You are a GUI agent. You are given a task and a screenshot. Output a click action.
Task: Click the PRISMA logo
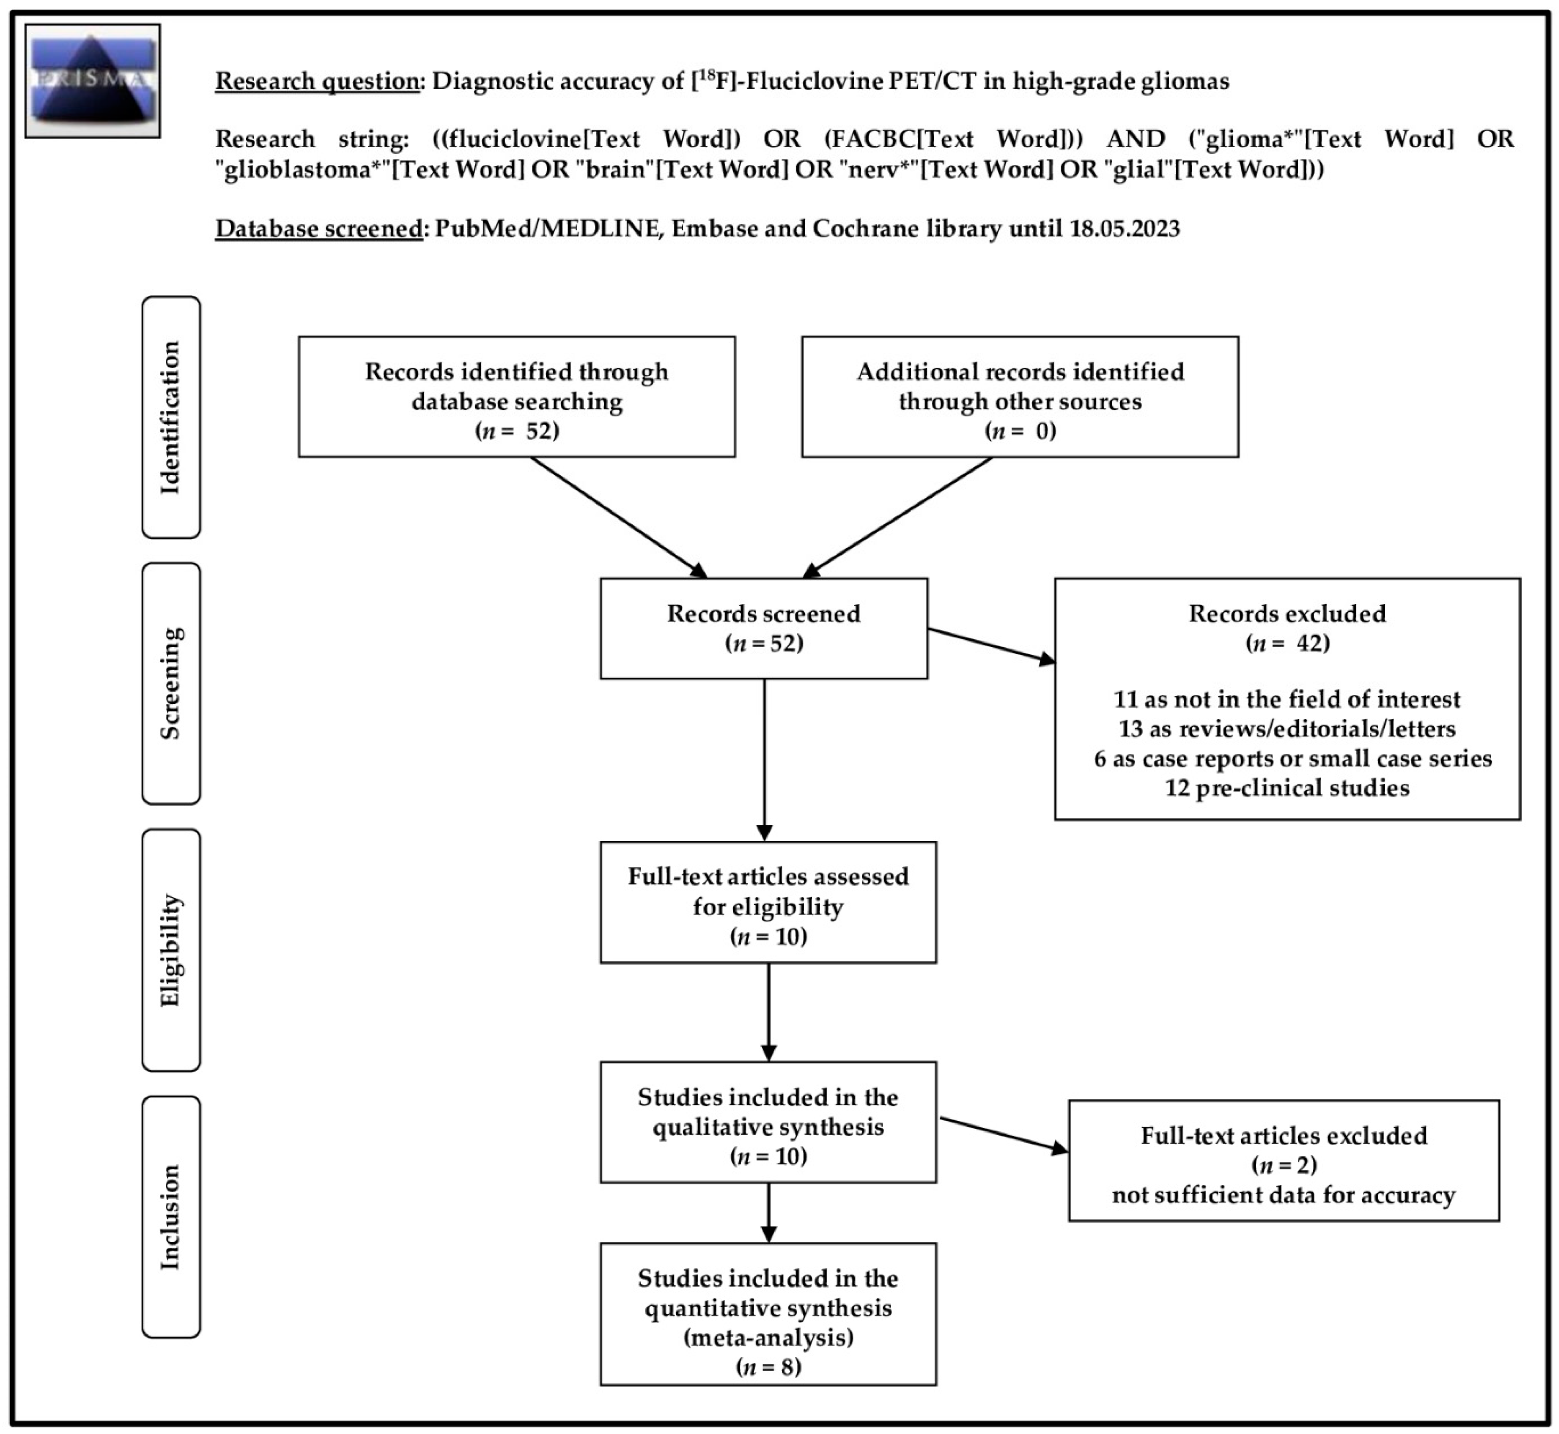(93, 81)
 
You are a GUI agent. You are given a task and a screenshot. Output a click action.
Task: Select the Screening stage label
(171, 683)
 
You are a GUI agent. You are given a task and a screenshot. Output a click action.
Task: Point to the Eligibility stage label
(171, 950)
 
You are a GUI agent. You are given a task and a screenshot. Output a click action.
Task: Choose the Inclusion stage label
(171, 1217)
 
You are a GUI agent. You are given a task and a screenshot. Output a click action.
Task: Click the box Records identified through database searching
(517, 396)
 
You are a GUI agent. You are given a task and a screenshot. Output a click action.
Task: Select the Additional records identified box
(1020, 396)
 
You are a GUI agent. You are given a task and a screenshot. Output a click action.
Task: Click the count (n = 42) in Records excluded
(1287, 643)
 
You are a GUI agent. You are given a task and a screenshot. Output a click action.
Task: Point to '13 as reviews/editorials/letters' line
(1287, 729)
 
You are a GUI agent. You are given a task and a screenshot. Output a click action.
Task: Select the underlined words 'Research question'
(317, 81)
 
